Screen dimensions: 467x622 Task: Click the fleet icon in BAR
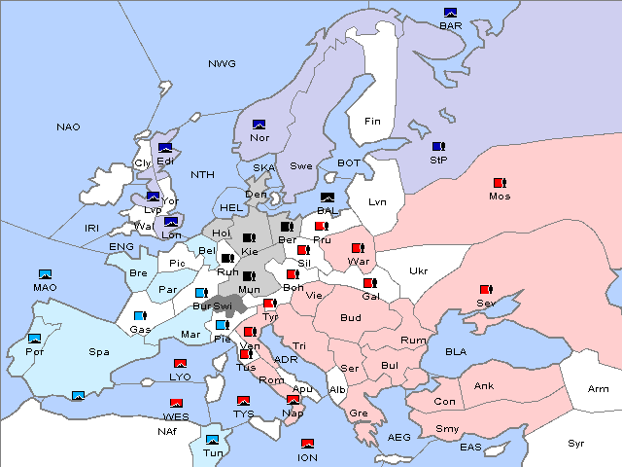[450, 13]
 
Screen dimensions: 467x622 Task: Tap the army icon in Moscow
[500, 183]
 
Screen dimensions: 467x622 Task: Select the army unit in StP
[437, 146]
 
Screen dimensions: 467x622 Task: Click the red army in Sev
[485, 290]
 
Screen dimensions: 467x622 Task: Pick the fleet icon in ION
[307, 444]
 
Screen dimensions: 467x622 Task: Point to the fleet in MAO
[45, 274]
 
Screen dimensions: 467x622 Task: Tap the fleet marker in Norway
[259, 125]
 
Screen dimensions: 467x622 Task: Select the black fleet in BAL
[327, 198]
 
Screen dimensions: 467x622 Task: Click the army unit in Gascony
[139, 316]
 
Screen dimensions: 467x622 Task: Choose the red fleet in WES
[176, 403]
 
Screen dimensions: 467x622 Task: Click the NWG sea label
[222, 64]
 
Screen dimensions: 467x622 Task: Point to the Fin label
[372, 121]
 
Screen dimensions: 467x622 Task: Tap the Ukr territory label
[418, 270]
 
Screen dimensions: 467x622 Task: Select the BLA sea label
[456, 351]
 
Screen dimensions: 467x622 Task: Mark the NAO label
[68, 126]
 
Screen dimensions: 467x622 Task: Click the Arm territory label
[599, 389]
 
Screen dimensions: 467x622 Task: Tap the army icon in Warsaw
[358, 248]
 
